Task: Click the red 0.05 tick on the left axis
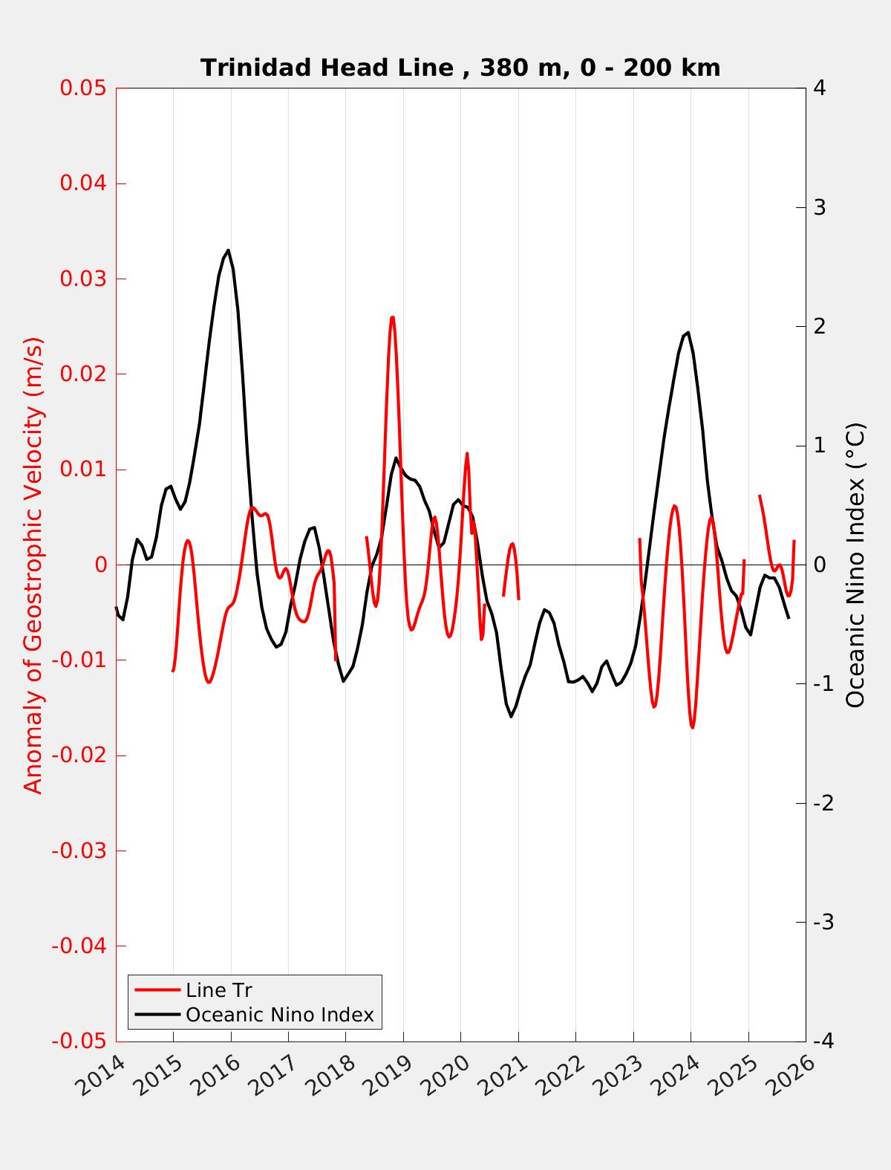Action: [83, 88]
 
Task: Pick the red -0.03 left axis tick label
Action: [79, 851]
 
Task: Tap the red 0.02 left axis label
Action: [83, 374]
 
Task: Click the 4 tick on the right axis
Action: [820, 88]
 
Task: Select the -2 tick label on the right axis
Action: [823, 803]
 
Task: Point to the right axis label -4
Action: [823, 1041]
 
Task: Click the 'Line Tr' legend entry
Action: [218, 990]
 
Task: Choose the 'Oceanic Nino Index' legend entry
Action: [279, 1015]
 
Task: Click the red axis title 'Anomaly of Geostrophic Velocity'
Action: [33, 565]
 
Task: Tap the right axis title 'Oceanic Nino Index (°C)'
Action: [855, 565]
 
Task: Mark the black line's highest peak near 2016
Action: [228, 250]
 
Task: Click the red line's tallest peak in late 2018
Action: [392, 317]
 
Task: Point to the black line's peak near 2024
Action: [688, 332]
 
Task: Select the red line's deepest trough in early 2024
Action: [692, 727]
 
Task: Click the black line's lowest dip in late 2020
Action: [511, 716]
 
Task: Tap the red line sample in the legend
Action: [157, 990]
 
